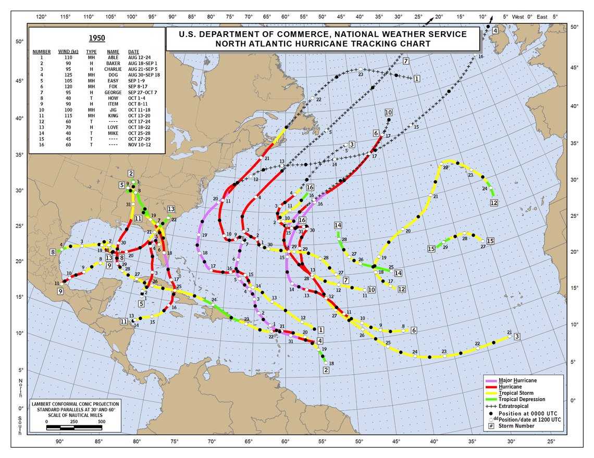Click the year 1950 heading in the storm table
96,38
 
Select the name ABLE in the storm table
113,57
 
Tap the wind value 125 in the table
65,75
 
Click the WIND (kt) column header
68,52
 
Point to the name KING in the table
113,116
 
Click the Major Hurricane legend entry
517,380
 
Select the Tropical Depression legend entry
522,399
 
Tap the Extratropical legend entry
514,406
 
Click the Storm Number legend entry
516,426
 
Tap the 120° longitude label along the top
41,17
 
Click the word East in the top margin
542,17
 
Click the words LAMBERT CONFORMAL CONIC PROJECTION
75,404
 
